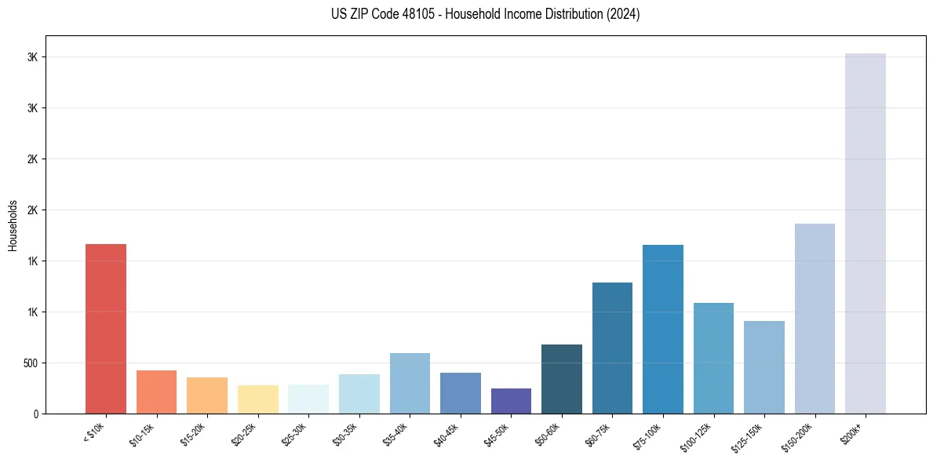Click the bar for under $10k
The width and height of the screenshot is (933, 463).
[106, 329]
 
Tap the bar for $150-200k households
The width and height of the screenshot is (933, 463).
[815, 319]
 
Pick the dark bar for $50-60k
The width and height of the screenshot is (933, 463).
[562, 379]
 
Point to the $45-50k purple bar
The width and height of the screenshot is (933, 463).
[511, 401]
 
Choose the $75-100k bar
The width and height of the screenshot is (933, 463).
[663, 329]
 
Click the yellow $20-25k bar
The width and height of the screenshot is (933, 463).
[258, 399]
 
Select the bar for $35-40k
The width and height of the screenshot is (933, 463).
[410, 383]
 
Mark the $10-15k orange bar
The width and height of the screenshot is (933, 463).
[157, 392]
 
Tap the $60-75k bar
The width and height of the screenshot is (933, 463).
[612, 348]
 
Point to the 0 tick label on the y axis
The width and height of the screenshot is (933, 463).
[35, 414]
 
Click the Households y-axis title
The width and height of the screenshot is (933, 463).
[13, 224]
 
